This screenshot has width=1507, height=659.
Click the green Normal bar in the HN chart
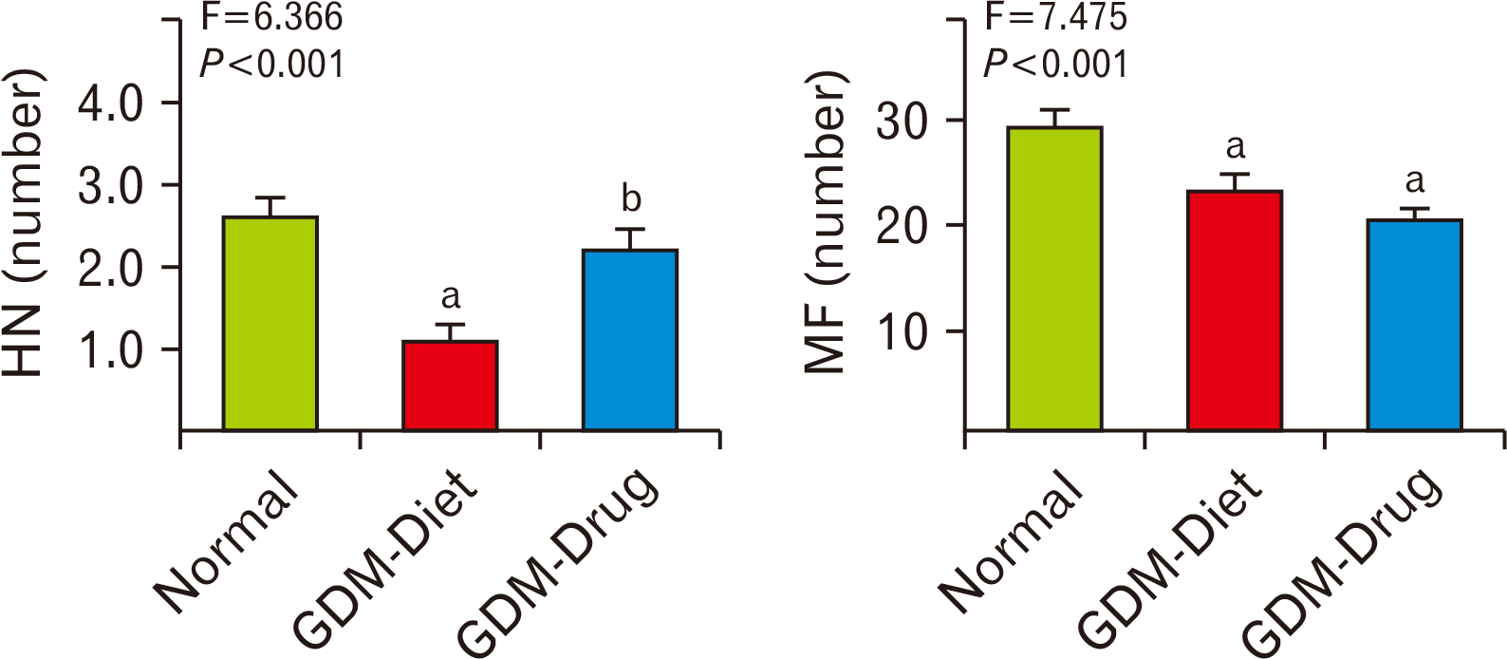coord(270,324)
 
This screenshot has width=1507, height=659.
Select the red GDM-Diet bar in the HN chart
coord(450,386)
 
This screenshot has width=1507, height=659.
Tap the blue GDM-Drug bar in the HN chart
coord(629,340)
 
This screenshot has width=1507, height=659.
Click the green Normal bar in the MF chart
coord(1054,278)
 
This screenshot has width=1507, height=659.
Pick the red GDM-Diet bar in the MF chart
coord(1235,311)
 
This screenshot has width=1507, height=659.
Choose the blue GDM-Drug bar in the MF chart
coord(1414,325)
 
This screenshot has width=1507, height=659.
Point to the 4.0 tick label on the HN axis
coord(111,104)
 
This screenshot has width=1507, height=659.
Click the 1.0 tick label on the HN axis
coord(111,350)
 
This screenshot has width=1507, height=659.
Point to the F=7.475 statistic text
coord(1056,16)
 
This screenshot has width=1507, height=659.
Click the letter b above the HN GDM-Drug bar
coord(630,199)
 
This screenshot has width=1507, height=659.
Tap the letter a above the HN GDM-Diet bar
coord(451,297)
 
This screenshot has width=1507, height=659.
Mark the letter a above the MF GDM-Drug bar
coord(1415,180)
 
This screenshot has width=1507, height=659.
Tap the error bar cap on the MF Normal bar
coord(1054,110)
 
